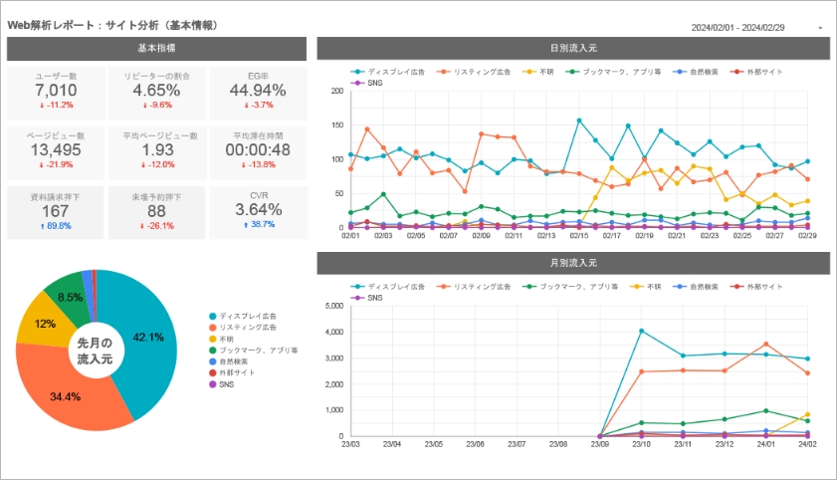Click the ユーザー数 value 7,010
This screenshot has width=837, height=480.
click(x=56, y=91)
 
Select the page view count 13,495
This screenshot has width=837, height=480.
click(x=56, y=150)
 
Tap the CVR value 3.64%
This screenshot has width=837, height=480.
click(x=258, y=210)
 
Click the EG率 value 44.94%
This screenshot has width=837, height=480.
click(x=258, y=91)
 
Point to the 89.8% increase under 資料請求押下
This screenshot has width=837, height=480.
click(x=56, y=225)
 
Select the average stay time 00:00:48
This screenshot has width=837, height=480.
click(x=258, y=150)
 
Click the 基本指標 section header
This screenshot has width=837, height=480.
click(x=156, y=48)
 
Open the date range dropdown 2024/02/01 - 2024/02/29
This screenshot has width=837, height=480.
click(x=756, y=27)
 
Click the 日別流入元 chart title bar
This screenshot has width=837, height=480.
click(x=573, y=48)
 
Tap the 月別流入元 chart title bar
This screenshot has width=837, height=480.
click(x=573, y=263)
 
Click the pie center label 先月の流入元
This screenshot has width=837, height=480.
click(x=96, y=350)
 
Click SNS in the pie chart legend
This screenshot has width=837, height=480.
click(x=226, y=383)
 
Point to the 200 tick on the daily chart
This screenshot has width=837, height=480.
click(x=335, y=91)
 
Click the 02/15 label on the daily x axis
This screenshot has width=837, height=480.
click(x=579, y=235)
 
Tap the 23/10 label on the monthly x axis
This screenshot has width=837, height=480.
click(x=641, y=445)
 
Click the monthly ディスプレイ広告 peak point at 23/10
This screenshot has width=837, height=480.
click(x=641, y=331)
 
